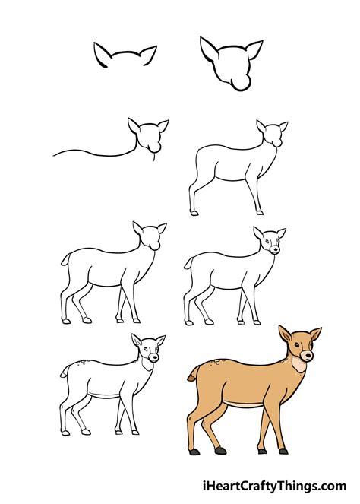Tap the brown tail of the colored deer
193,372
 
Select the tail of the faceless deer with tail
65,259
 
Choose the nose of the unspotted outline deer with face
275,249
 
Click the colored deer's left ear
286,334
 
